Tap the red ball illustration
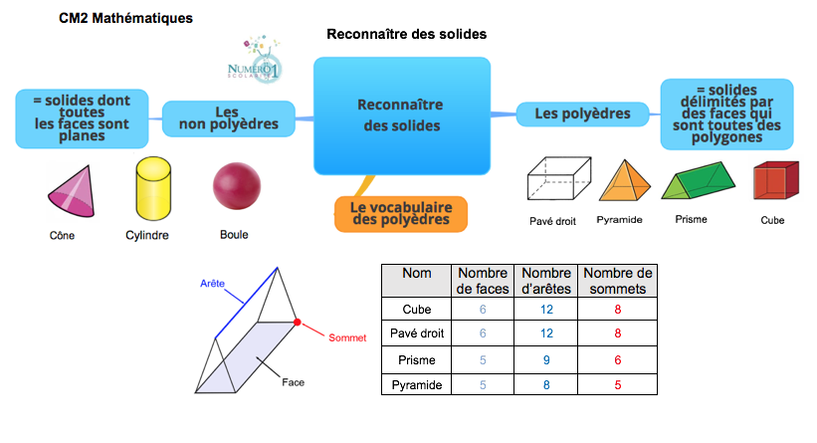point(237,187)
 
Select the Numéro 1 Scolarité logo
point(255,62)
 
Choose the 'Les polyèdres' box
point(582,113)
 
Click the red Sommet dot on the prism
point(297,322)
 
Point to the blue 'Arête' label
point(210,283)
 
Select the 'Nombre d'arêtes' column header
point(545,281)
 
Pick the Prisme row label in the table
point(417,357)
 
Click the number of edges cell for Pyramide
point(545,382)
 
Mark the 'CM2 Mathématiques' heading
point(126,18)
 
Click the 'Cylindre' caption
point(146,236)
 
